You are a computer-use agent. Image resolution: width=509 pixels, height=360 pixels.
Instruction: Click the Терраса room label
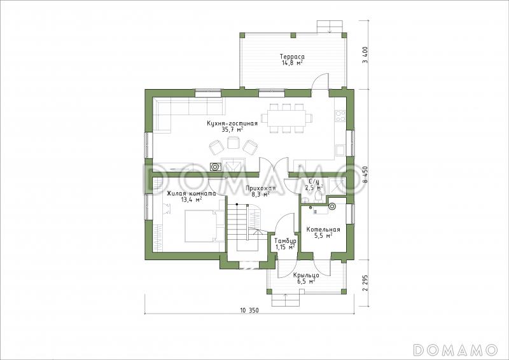(x=292, y=57)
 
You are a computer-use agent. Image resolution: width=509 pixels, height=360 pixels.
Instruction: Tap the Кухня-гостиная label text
(x=232, y=123)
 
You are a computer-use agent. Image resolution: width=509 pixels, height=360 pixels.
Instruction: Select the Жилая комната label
(x=192, y=194)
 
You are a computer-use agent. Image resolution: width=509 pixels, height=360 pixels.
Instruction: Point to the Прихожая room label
(x=260, y=189)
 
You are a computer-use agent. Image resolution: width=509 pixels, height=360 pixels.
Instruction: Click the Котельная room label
(x=323, y=230)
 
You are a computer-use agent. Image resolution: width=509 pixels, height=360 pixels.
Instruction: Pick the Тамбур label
(x=285, y=241)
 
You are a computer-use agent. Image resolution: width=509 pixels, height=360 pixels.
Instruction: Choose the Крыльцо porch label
(x=306, y=275)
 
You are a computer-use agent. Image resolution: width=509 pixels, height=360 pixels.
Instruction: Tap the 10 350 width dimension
(x=249, y=310)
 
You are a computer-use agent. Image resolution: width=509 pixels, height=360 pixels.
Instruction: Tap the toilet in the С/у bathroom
(x=318, y=197)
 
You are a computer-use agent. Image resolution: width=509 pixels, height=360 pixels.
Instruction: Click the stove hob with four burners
(x=340, y=116)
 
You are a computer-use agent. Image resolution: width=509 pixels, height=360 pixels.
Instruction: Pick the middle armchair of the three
(x=233, y=142)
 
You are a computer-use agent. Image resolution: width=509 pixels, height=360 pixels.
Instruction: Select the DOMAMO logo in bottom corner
(x=455, y=349)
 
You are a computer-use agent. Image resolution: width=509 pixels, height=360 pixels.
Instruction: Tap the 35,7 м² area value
(x=232, y=130)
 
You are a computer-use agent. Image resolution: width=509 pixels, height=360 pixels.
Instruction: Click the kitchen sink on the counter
(x=340, y=150)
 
